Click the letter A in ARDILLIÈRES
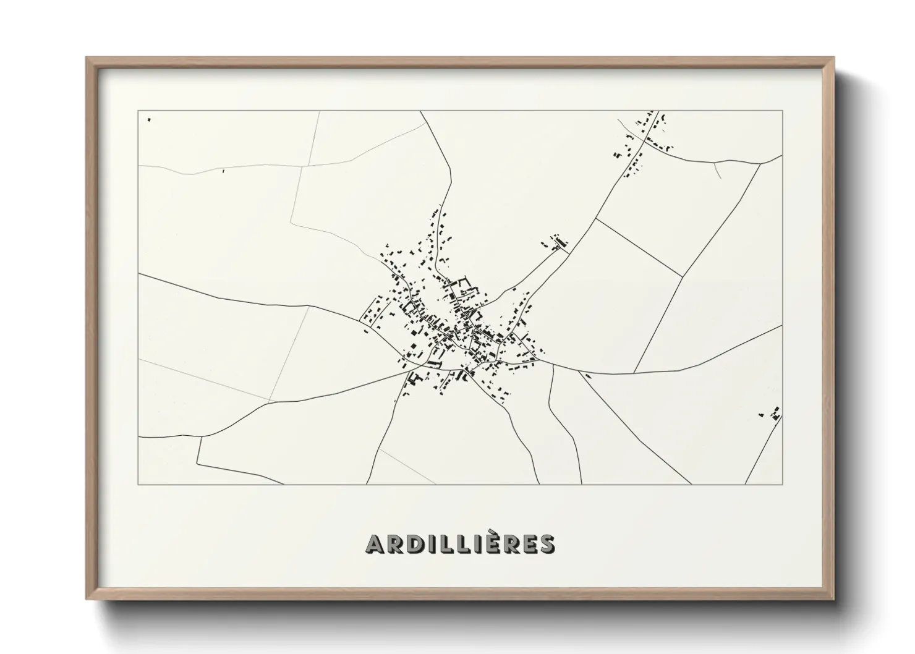click(x=375, y=544)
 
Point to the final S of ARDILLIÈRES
click(x=546, y=544)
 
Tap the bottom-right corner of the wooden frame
click(x=833, y=599)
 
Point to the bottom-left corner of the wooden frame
click(x=87, y=599)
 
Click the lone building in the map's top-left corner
click(x=149, y=119)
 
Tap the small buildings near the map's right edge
click(x=772, y=413)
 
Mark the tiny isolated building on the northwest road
click(x=223, y=171)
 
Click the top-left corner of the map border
click(x=138, y=111)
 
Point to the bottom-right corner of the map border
click(x=783, y=484)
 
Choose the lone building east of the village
click(x=587, y=375)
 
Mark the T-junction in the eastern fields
click(x=683, y=276)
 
